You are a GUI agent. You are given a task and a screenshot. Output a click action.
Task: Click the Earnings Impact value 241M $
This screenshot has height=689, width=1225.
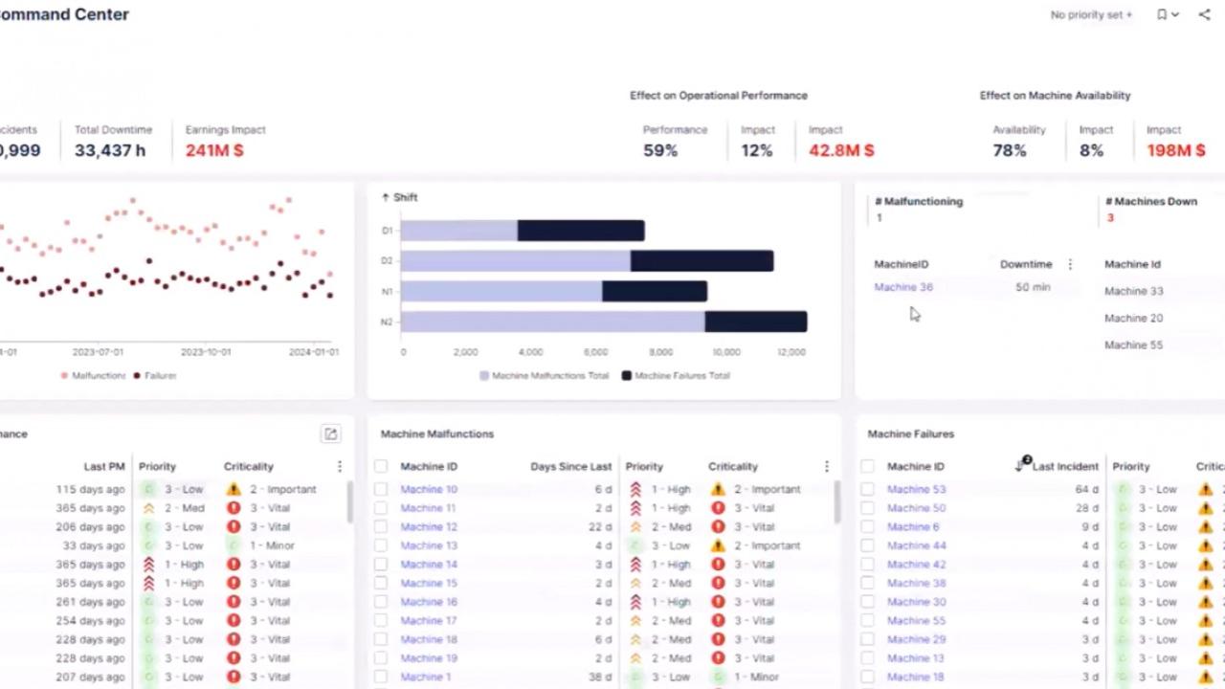tap(214, 150)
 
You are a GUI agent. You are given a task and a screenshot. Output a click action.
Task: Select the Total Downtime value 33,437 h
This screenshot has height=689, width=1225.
tap(110, 150)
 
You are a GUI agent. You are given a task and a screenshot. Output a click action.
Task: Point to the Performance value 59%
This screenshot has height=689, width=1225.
tap(660, 150)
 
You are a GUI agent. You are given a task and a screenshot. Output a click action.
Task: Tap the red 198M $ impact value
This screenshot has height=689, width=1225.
tap(1176, 150)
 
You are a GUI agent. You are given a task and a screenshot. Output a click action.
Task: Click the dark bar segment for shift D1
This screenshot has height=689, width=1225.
tap(581, 231)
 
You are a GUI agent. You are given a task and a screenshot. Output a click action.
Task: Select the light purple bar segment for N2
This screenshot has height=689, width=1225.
tap(552, 322)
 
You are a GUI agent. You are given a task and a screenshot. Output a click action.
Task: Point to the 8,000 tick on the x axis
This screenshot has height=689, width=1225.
tap(660, 352)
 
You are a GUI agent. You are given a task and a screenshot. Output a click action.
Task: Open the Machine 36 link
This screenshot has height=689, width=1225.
tap(902, 287)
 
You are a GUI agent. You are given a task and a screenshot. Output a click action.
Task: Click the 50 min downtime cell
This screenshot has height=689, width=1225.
tap(1033, 287)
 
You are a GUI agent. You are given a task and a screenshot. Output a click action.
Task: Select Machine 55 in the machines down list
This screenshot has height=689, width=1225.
tap(1133, 344)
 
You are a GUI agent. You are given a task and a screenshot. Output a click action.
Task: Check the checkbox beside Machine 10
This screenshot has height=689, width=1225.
tap(381, 489)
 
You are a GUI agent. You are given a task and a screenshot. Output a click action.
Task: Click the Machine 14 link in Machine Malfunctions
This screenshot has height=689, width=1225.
tap(428, 565)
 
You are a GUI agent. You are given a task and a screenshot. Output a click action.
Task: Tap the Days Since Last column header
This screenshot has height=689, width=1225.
tap(570, 467)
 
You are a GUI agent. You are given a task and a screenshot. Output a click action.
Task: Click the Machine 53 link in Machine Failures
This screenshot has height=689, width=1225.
tap(916, 489)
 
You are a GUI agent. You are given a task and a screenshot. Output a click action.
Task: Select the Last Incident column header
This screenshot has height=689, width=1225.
tap(1064, 467)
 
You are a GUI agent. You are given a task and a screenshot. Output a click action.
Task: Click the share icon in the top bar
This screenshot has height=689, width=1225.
tap(1204, 14)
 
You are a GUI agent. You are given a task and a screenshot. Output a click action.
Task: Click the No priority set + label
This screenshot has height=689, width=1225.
tap(1091, 14)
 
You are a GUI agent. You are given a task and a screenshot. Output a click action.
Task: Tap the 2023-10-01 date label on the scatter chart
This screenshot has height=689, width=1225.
tap(206, 352)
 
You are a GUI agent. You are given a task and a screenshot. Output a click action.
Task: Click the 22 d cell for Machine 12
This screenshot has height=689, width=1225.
tap(600, 527)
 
